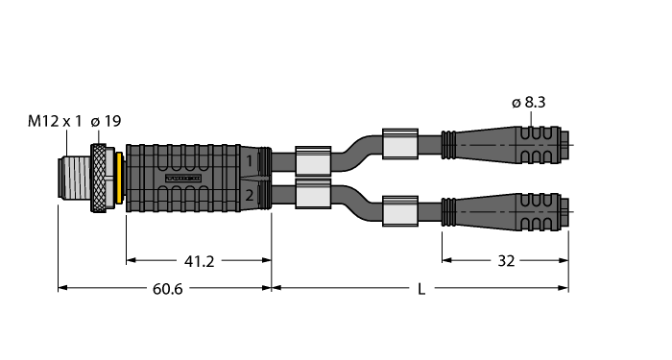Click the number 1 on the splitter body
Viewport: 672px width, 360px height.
coord(250,161)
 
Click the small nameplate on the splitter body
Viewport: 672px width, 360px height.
coord(185,178)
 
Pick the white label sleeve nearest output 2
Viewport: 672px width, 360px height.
coord(314,197)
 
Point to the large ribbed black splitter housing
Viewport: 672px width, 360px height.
coord(192,178)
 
